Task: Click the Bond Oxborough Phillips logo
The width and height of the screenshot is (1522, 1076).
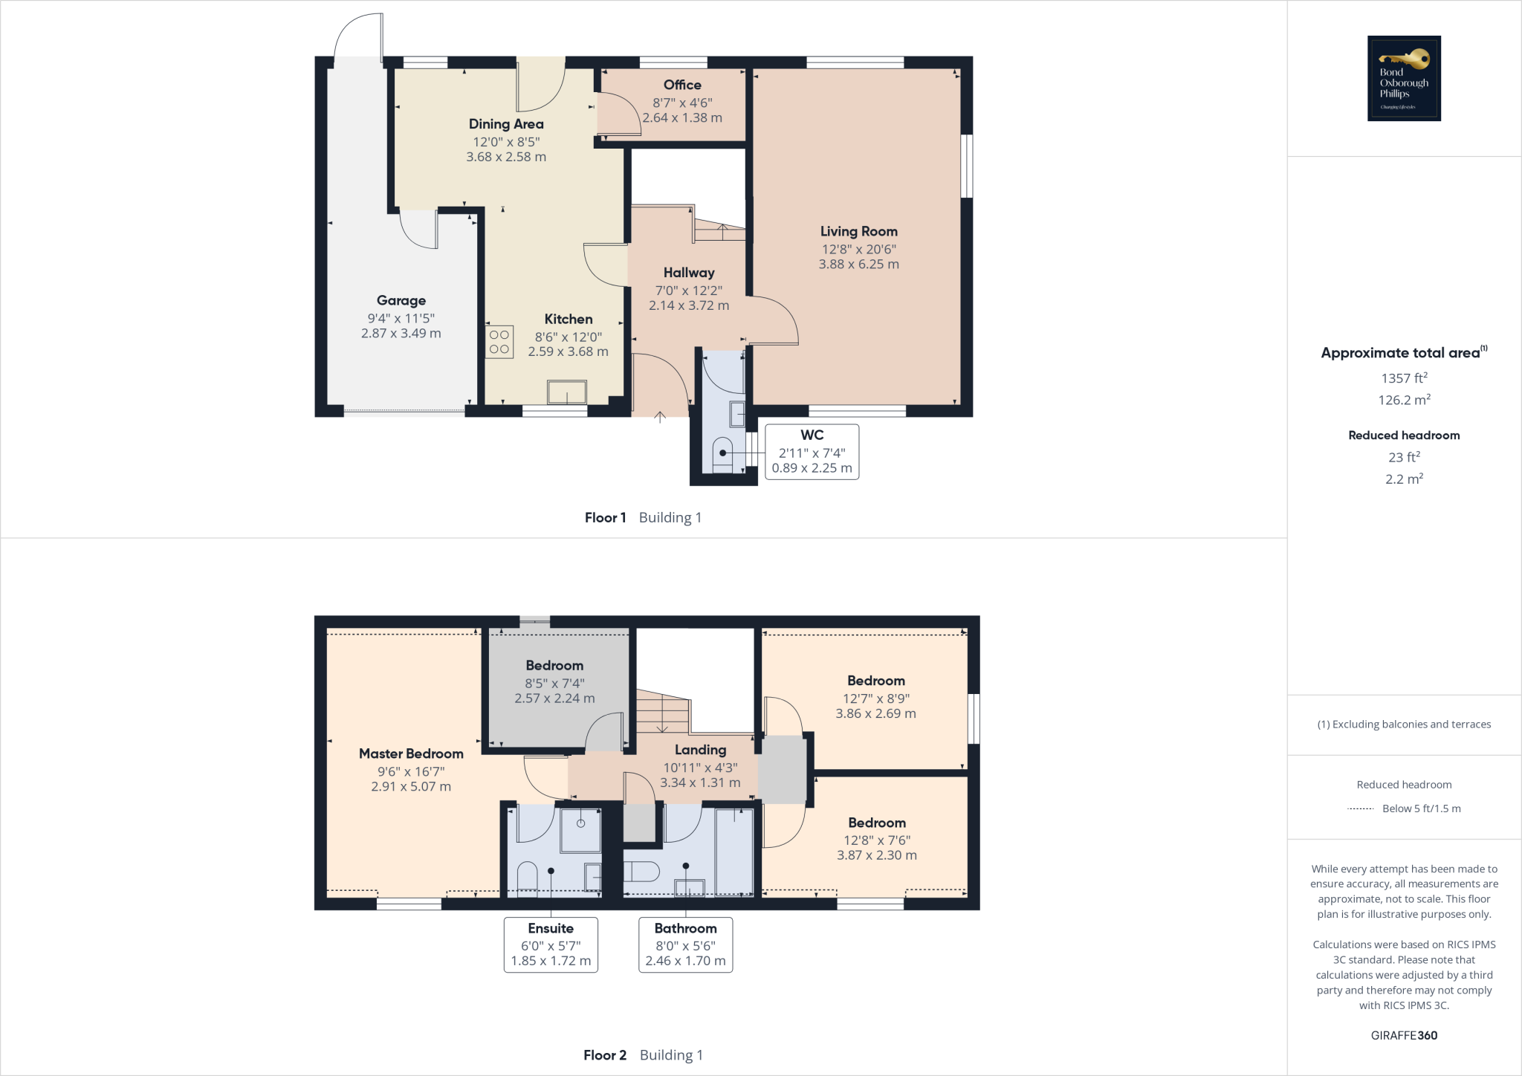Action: coord(1404,78)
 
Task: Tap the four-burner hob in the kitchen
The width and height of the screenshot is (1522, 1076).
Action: coord(499,343)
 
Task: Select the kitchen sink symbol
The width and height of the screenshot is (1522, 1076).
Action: coord(567,392)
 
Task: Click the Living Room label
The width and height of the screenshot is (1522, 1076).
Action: coord(858,232)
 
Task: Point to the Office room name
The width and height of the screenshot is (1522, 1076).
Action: coord(682,85)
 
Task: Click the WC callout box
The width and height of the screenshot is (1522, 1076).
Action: coord(812,452)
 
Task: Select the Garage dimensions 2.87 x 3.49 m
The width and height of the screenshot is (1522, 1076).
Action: coord(401,334)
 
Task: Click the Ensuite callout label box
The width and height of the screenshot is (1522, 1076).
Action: coord(551,944)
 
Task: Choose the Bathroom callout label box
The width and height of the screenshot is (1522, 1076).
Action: coord(685,944)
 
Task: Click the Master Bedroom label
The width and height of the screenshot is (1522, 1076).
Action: coord(411,753)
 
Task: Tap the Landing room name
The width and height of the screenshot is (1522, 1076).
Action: coord(700,750)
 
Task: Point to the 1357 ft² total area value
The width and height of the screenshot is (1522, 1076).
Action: coord(1404,378)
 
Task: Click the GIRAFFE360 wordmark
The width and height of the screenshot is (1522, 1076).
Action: coord(1404,1035)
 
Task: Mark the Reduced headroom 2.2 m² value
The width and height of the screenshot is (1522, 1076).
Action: coord(1404,479)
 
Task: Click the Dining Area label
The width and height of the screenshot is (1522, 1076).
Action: coord(506,124)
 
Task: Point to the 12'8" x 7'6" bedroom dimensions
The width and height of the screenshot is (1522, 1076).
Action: coord(877,840)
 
